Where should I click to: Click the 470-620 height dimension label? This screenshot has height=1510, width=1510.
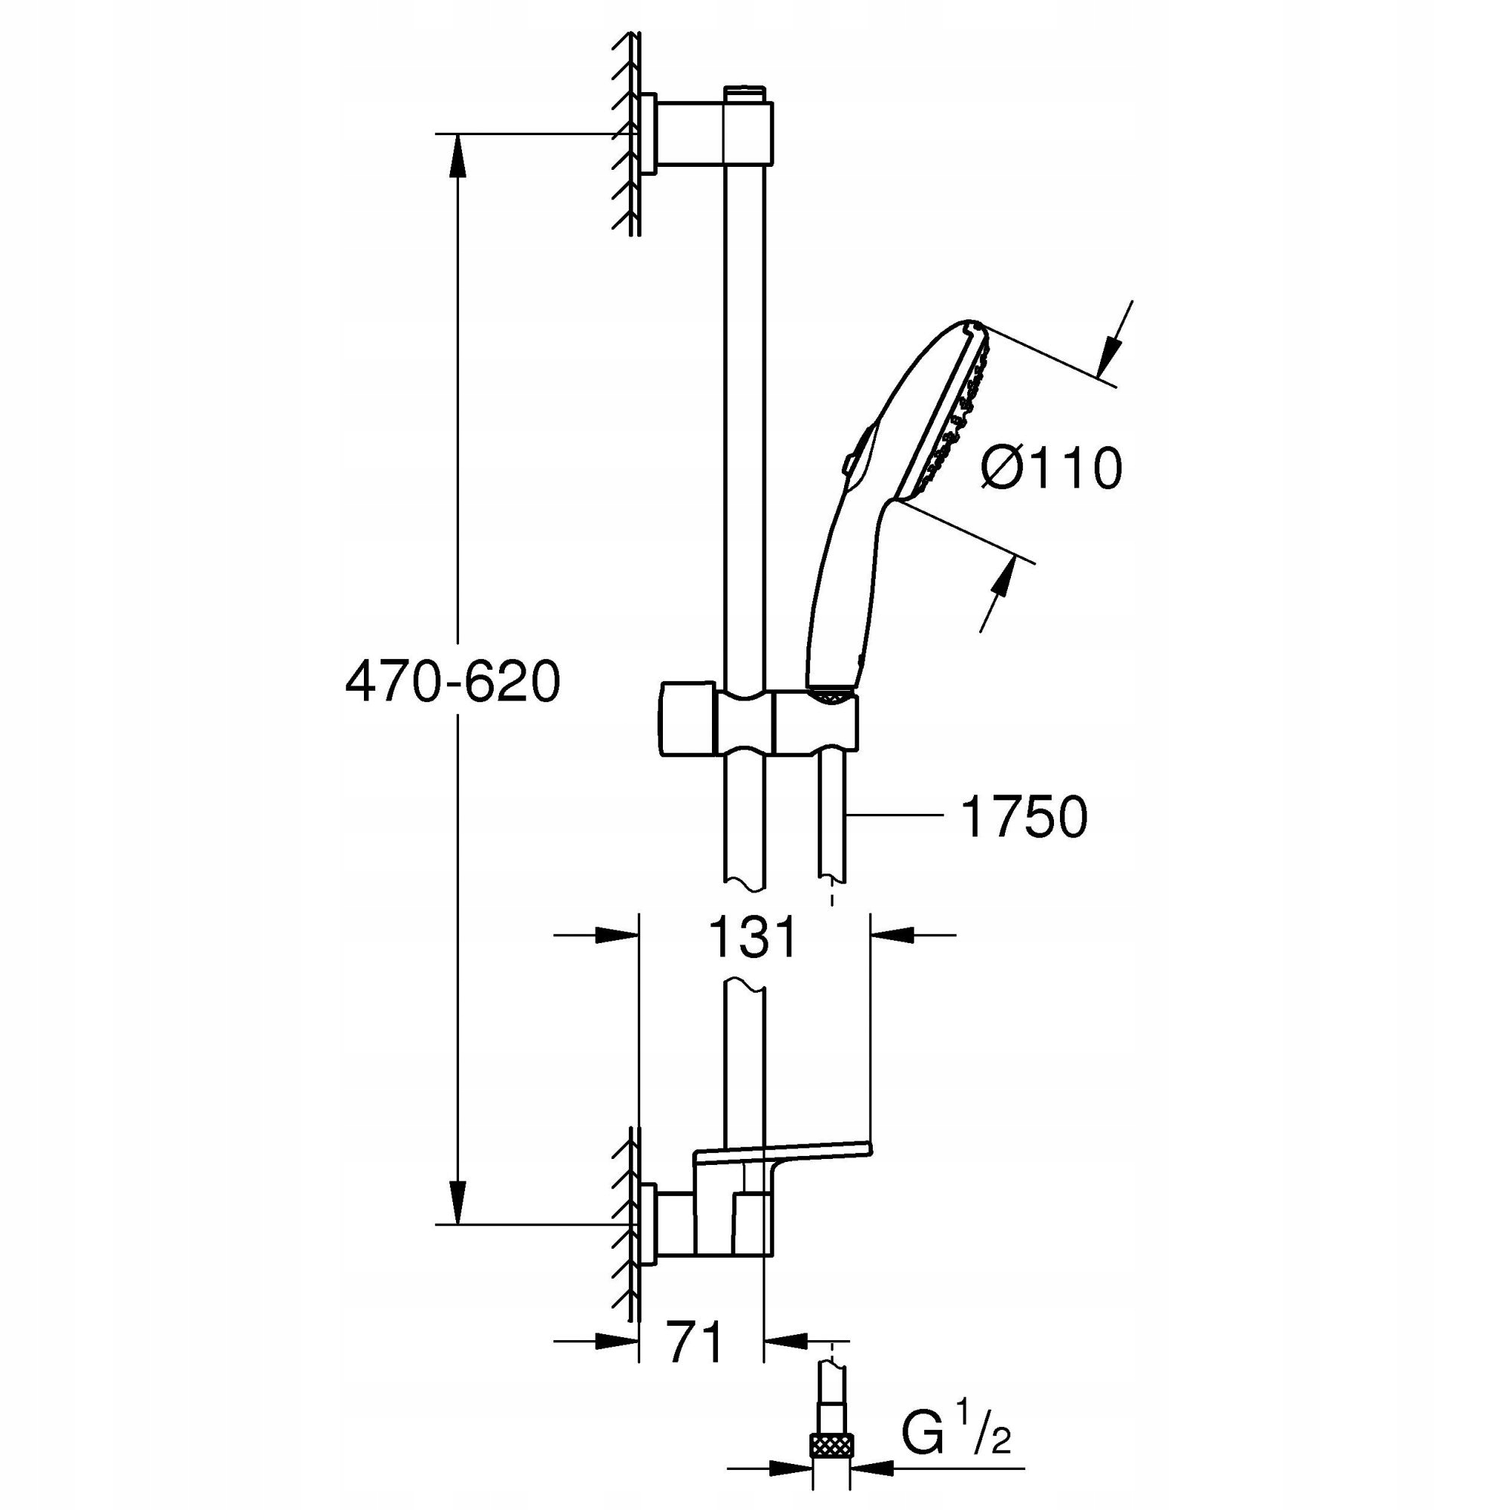tap(452, 681)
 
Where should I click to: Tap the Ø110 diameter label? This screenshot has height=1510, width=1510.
tap(1051, 469)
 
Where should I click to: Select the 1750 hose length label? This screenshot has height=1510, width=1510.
tap(1024, 818)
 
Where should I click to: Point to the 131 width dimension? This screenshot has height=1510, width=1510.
tap(753, 937)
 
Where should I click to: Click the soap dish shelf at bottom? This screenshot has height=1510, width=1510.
tap(781, 1154)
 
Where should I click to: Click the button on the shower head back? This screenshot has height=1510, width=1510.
tap(849, 463)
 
